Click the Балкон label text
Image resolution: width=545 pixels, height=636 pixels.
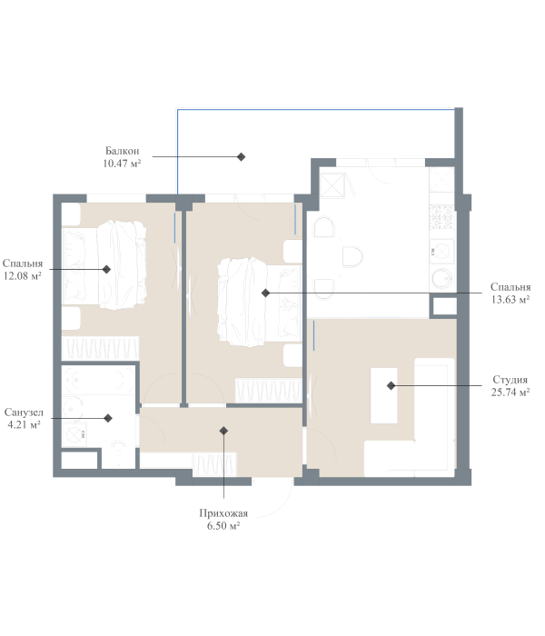(122, 151)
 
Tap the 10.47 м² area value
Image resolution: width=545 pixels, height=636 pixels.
(122, 164)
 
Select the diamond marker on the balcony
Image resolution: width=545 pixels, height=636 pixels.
(242, 156)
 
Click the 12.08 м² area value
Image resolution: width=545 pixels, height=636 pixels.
(23, 276)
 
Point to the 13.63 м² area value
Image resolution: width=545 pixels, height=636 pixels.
(510, 299)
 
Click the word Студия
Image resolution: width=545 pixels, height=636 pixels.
(510, 380)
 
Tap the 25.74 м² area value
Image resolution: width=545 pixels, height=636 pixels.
(510, 393)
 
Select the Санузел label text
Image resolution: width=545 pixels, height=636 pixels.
(24, 412)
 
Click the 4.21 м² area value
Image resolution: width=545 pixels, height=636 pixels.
(24, 424)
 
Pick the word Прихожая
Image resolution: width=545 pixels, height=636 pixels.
(223, 513)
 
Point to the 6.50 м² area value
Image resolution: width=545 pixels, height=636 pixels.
(223, 526)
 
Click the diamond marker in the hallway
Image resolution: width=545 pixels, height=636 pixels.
(223, 431)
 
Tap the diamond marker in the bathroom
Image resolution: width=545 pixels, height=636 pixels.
(108, 418)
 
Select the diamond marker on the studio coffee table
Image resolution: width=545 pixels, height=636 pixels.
(391, 386)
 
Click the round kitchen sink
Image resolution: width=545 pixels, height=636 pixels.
(442, 279)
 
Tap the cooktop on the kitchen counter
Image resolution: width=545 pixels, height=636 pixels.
(441, 252)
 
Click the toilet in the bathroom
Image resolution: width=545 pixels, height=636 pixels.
(118, 454)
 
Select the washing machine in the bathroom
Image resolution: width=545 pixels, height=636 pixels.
(74, 435)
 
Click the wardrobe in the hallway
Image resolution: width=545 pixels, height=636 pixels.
(214, 464)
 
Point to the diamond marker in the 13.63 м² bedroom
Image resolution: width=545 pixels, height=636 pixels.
(265, 293)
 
